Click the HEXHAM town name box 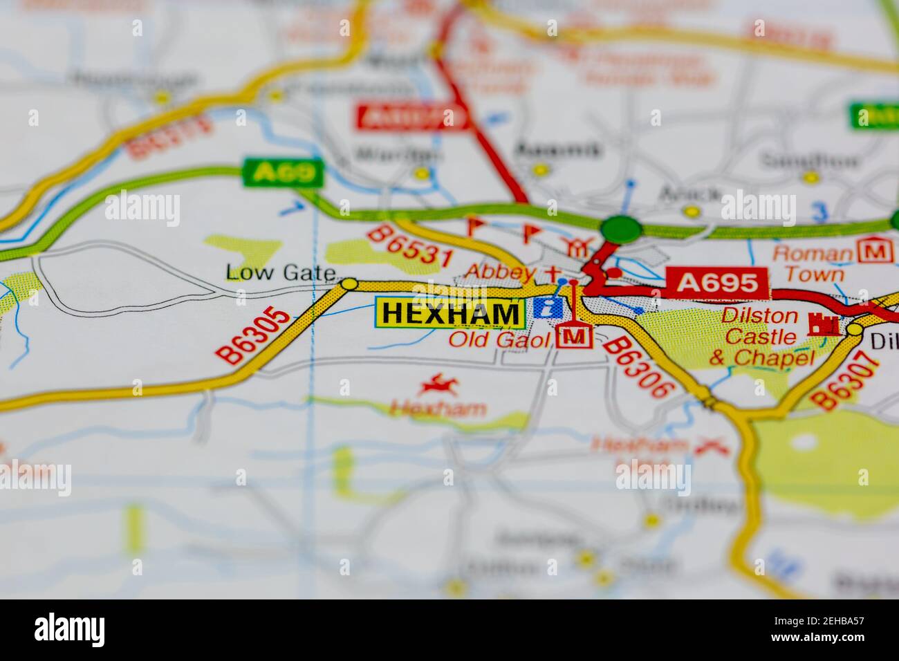[449, 313]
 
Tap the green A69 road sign [283, 172]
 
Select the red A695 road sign [716, 283]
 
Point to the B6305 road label [254, 335]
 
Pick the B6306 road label [639, 368]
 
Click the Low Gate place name [280, 273]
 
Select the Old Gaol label [499, 339]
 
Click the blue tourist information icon [548, 308]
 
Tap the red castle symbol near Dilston [823, 324]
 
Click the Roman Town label [813, 263]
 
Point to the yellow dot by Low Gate [349, 283]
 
